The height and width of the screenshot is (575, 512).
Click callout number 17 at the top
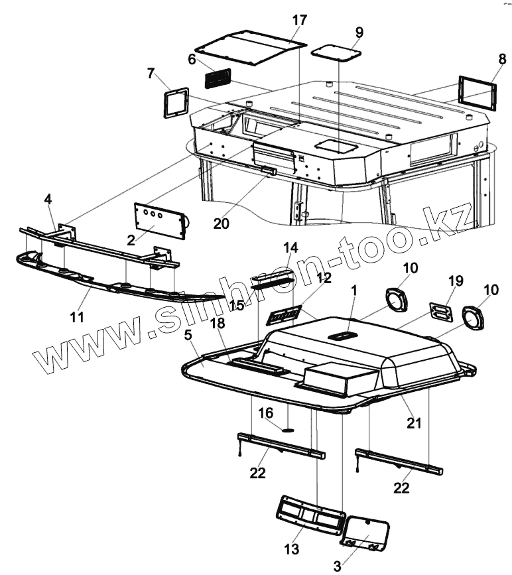299,20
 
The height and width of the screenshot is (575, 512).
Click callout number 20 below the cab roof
222,224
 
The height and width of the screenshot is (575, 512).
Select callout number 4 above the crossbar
48,199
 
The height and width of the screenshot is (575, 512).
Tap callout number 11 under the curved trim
78,317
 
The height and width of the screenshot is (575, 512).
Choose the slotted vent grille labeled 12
285,314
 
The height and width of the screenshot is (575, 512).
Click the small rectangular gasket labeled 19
439,311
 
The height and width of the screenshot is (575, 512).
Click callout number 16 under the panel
265,413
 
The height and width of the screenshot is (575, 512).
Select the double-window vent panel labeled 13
310,513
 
